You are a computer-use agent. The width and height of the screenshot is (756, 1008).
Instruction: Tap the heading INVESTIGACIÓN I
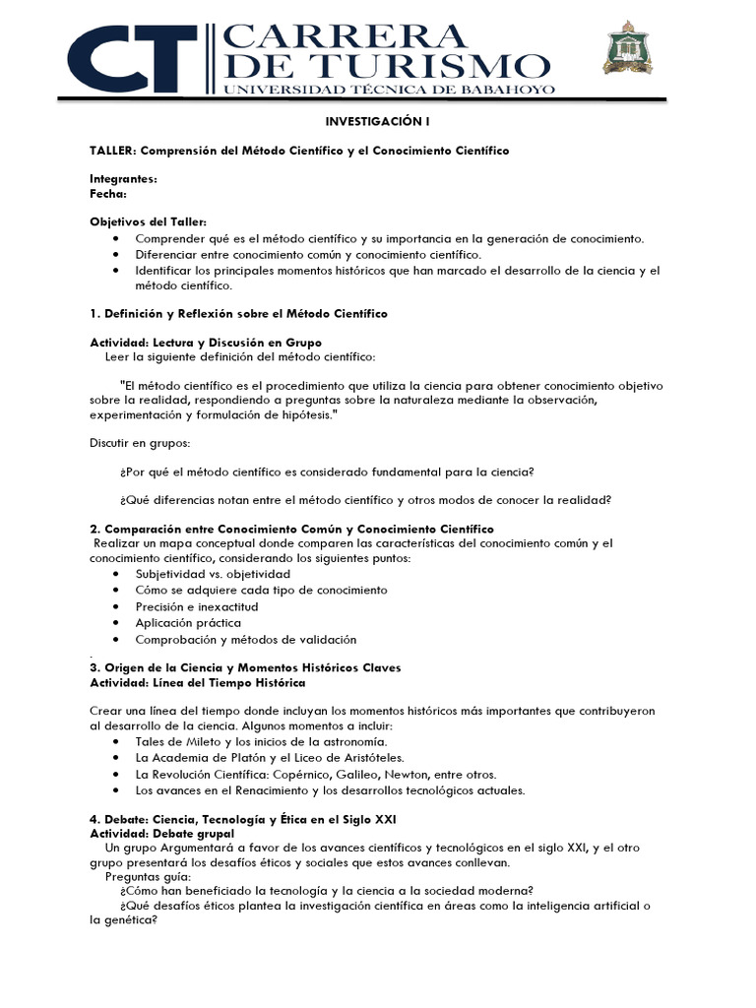click(x=378, y=122)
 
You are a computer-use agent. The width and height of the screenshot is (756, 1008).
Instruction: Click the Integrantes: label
click(x=123, y=179)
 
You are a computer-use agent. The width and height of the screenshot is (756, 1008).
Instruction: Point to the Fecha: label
click(x=108, y=193)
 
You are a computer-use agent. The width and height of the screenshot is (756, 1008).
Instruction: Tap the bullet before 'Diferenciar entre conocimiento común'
click(x=118, y=254)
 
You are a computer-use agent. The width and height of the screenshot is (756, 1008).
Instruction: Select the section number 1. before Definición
click(x=95, y=313)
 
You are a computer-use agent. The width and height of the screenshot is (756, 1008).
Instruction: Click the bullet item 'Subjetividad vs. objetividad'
click(x=213, y=573)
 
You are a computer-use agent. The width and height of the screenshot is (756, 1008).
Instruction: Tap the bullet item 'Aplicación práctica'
click(x=188, y=623)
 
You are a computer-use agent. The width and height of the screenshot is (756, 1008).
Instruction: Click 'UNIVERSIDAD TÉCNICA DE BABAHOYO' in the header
click(x=391, y=90)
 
